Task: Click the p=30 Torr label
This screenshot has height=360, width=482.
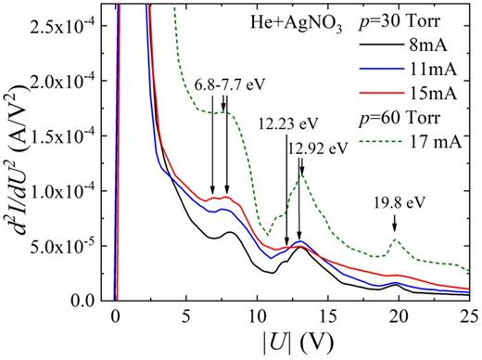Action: click(x=428, y=20)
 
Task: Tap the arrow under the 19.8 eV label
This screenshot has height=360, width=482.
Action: click(x=395, y=222)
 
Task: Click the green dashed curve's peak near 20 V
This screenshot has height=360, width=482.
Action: click(x=396, y=239)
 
